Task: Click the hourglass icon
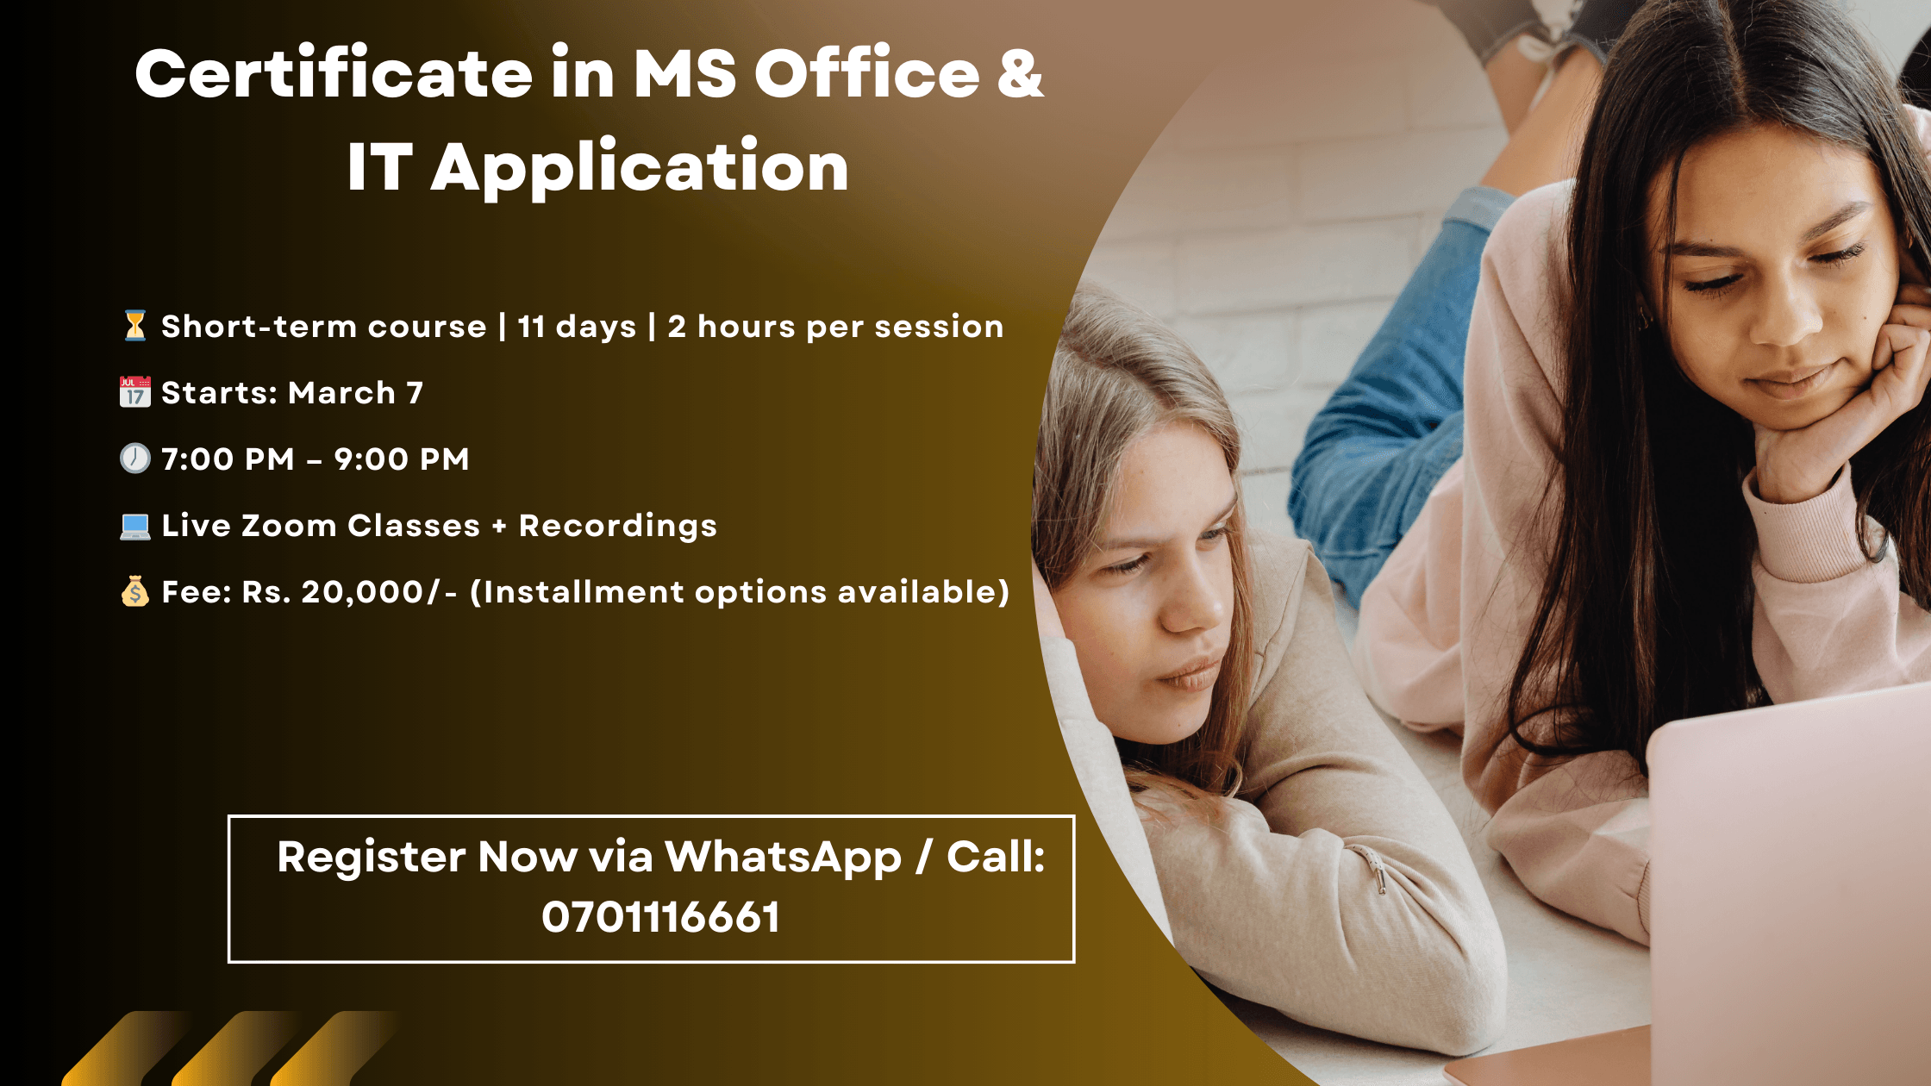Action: tap(134, 326)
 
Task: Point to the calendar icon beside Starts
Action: tap(134, 392)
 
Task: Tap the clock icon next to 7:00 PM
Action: tap(134, 459)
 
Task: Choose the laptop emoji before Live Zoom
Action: tap(134, 526)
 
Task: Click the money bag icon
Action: tap(134, 591)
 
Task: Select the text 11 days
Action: tap(577, 327)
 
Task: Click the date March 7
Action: tap(355, 393)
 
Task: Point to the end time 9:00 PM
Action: tap(402, 459)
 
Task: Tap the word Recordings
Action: tap(618, 527)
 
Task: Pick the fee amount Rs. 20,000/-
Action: tap(349, 592)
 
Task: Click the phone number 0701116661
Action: tap(660, 917)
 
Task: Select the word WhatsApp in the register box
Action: tap(783, 858)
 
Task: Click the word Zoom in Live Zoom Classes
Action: tap(289, 526)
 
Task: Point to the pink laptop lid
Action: tap(1789, 888)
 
